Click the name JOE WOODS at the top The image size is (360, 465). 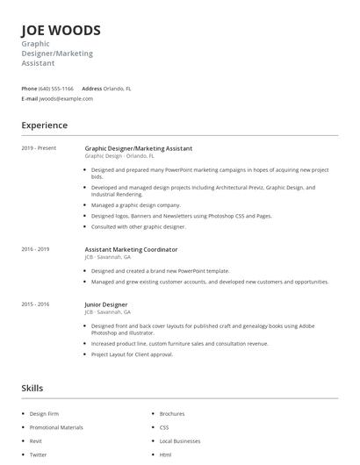click(61, 30)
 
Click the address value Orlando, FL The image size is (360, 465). click(118, 89)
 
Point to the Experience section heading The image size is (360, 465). click(45, 125)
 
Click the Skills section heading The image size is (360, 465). click(32, 388)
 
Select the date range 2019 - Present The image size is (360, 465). click(39, 148)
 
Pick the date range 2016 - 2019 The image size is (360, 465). click(35, 249)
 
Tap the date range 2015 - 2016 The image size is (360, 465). click(35, 304)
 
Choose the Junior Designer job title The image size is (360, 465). click(106, 304)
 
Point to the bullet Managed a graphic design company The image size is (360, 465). click(135, 205)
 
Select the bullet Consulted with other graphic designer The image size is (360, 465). click(139, 226)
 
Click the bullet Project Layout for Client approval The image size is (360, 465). click(132, 354)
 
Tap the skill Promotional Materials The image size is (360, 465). click(56, 427)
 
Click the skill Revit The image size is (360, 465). click(36, 441)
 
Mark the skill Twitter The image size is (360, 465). click(39, 455)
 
